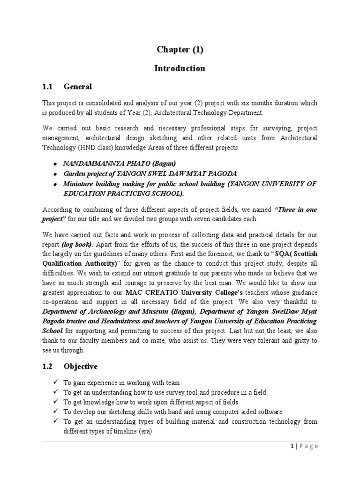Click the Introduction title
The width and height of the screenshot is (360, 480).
click(180, 68)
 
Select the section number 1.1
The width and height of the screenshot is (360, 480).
click(48, 87)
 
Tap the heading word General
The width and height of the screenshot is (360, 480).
click(77, 87)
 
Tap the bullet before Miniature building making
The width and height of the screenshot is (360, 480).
click(55, 184)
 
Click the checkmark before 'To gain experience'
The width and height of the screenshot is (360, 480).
click(55, 383)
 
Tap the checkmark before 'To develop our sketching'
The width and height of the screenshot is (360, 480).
click(55, 411)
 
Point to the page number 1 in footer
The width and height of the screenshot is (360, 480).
click(291, 447)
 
